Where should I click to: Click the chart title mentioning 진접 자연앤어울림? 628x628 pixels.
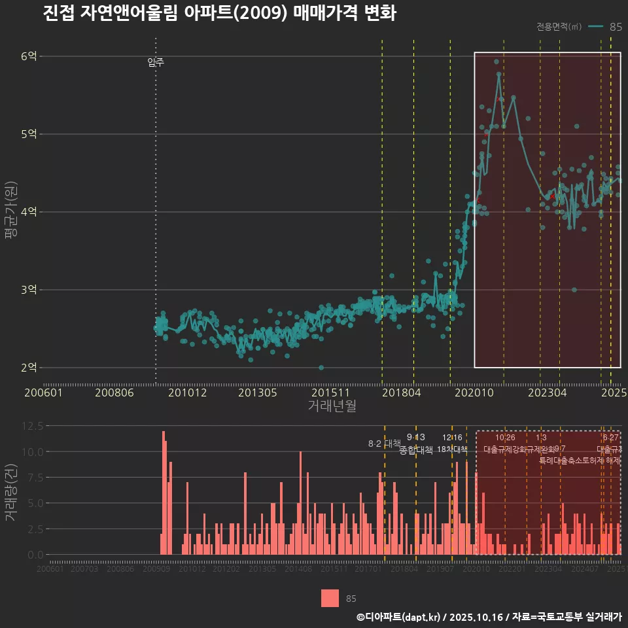click(219, 14)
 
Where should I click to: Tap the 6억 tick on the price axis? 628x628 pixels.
click(29, 56)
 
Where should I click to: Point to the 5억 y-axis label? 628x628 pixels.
click(29, 134)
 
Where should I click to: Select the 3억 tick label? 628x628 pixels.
click(29, 290)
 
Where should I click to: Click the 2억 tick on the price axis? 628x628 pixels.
click(29, 368)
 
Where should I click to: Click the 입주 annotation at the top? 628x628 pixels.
click(156, 63)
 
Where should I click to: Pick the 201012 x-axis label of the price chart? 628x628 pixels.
click(187, 392)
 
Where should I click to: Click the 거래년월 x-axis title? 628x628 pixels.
click(332, 406)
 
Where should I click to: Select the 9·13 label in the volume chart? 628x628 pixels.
click(415, 438)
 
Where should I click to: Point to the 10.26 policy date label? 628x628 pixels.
click(505, 438)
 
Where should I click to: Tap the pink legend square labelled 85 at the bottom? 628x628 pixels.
click(330, 598)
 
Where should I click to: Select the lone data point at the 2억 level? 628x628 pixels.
click(321, 368)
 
